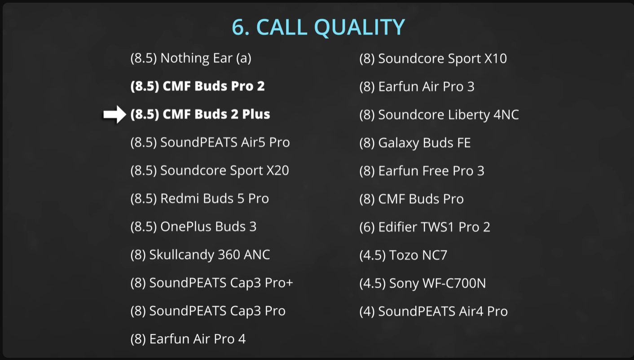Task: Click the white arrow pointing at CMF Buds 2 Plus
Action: pyautogui.click(x=114, y=114)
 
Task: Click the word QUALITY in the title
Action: pyautogui.click(x=360, y=27)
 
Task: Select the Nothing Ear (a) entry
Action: pyautogui.click(x=191, y=58)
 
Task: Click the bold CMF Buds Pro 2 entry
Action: pyautogui.click(x=198, y=86)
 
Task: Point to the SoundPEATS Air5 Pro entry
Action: pyautogui.click(x=210, y=142)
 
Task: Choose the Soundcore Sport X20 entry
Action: pyautogui.click(x=210, y=171)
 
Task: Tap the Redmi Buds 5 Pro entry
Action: pyautogui.click(x=199, y=198)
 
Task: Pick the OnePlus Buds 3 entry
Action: pyautogui.click(x=194, y=226)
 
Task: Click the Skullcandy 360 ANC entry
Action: pyautogui.click(x=200, y=255)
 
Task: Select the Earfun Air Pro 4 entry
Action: pyautogui.click(x=188, y=339)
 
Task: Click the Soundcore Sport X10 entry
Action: pyautogui.click(x=433, y=59)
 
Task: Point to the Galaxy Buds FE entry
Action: pyautogui.click(x=415, y=143)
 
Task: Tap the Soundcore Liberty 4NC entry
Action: pyautogui.click(x=439, y=115)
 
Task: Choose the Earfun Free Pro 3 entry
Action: pyautogui.click(x=422, y=171)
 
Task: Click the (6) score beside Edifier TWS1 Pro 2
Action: pyautogui.click(x=367, y=227)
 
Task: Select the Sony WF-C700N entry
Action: pyautogui.click(x=423, y=283)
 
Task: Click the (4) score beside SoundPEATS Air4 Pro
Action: pyautogui.click(x=367, y=312)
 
